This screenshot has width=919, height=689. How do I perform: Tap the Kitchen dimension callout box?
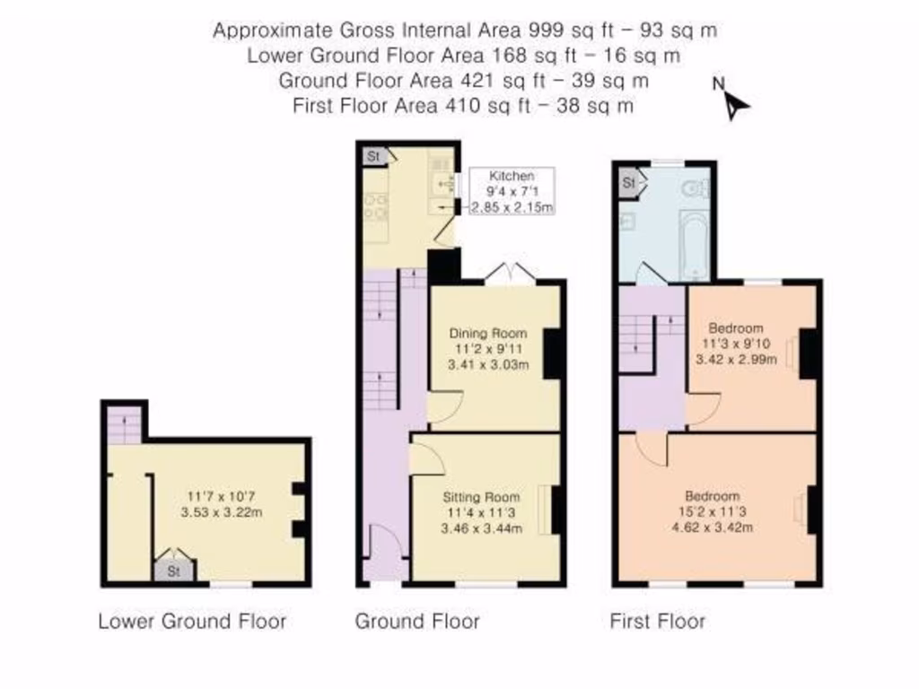tap(512, 191)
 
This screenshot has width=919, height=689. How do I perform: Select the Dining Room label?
tap(487, 334)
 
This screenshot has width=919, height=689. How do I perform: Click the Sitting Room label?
tap(481, 497)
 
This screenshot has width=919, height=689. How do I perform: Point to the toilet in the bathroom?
tap(696, 188)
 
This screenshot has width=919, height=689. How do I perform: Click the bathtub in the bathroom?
tap(694, 245)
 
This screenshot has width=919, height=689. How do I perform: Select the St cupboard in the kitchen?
tap(374, 156)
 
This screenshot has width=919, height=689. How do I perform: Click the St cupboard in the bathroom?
tap(629, 183)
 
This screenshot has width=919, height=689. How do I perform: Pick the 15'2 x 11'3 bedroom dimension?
tap(712, 511)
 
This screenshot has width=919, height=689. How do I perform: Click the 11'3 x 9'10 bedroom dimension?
tap(736, 344)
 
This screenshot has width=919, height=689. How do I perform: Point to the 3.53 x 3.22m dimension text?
tap(222, 512)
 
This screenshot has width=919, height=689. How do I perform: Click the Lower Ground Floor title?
tap(192, 621)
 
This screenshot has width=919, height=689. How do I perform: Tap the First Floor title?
tap(658, 621)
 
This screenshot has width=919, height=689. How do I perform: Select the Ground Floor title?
tap(417, 621)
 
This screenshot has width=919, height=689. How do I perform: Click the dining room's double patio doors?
tap(511, 275)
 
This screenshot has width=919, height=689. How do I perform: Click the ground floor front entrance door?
tap(384, 552)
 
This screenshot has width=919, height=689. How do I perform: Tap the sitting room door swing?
tap(426, 456)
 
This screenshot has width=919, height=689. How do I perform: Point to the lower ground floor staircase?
tap(124, 424)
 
